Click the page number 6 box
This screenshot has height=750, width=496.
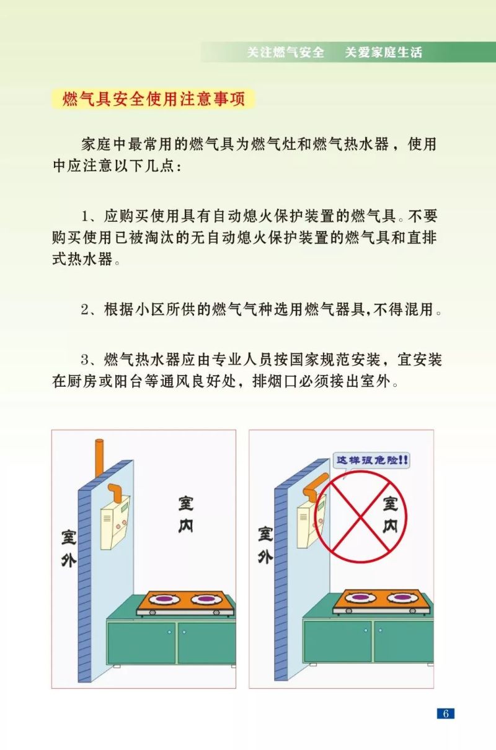(x=445, y=713)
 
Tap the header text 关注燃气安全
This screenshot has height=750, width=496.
(x=285, y=53)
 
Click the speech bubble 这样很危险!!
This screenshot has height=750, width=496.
(x=371, y=461)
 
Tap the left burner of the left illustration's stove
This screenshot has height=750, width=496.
(x=164, y=600)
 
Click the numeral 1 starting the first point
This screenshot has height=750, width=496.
(x=86, y=217)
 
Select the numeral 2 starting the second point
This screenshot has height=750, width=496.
(x=86, y=309)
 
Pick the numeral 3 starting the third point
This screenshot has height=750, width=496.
(x=86, y=360)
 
